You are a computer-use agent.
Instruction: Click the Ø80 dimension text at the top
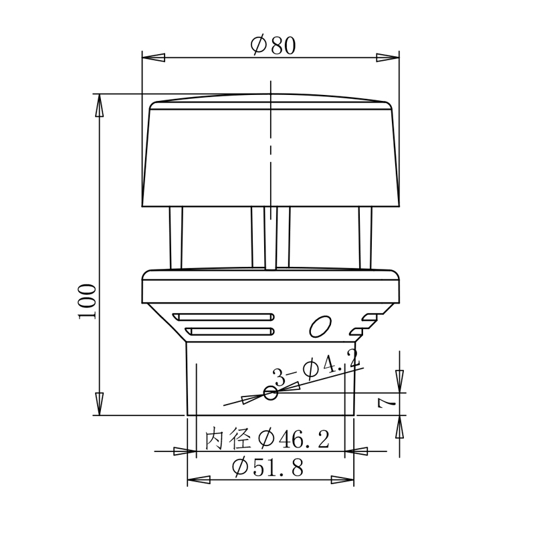pos(273,45)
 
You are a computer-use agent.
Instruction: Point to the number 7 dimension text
pos(383,402)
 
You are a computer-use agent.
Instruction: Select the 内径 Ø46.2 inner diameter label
pos(267,439)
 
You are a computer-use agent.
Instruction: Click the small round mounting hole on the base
pos(270,393)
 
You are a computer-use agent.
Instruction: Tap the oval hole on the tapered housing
pos(320,326)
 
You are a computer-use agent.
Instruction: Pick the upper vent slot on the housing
pos(223,316)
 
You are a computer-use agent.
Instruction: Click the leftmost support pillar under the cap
pos(177,237)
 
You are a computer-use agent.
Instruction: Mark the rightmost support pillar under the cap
pos(365,237)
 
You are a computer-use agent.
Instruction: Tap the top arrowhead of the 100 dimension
pos(99,104)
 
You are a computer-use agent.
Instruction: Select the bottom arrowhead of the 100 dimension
pos(99,405)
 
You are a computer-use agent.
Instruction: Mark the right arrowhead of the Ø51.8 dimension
pos(345,479)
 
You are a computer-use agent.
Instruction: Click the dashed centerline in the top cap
pos(270,147)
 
